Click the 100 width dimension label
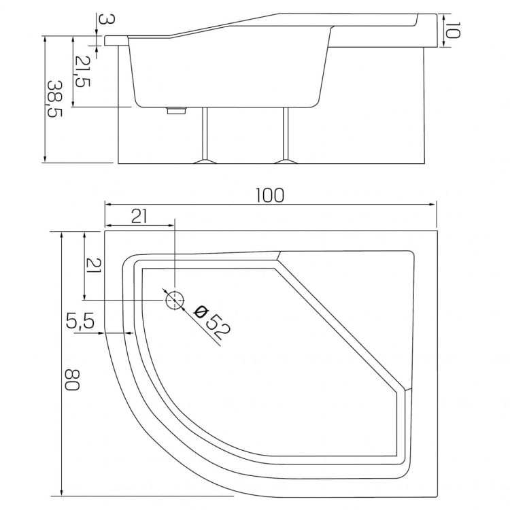[270, 195]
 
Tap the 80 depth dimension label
[72, 380]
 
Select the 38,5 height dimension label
[54, 99]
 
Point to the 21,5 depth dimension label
[82, 71]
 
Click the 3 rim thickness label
[106, 19]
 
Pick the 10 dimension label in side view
[452, 30]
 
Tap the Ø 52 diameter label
[212, 322]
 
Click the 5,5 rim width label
[80, 320]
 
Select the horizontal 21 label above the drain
[139, 216]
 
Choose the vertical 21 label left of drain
[94, 265]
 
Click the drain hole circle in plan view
[175, 300]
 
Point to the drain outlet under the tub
[177, 110]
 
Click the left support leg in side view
[205, 133]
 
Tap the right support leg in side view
[286, 133]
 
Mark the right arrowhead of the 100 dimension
[432, 204]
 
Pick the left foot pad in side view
[205, 161]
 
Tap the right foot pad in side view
[286, 161]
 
